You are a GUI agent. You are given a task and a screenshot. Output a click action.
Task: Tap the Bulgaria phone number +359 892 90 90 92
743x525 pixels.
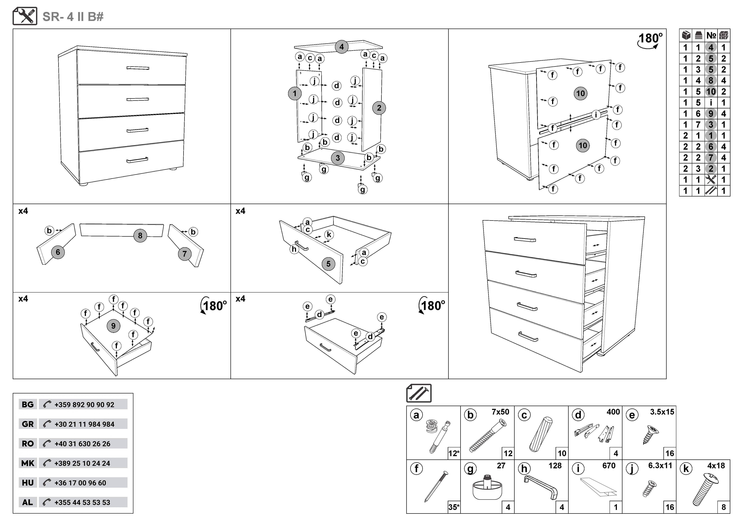pyautogui.click(x=84, y=405)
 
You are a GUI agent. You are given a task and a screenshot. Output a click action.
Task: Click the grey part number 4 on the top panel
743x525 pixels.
pyautogui.click(x=341, y=47)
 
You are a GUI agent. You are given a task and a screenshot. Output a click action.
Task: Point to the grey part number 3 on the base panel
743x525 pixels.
pyautogui.click(x=338, y=158)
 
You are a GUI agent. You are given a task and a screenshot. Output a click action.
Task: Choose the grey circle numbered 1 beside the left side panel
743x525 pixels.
pyautogui.click(x=294, y=94)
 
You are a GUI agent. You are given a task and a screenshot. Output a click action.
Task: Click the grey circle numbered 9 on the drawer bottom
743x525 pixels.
pyautogui.click(x=113, y=326)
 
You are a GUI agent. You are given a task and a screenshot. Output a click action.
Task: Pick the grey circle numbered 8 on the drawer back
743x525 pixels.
pyautogui.click(x=140, y=236)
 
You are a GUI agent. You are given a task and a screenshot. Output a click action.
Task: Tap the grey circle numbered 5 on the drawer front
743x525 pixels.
pyautogui.click(x=328, y=264)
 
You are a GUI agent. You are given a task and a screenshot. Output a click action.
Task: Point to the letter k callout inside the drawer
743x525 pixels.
pyautogui.click(x=329, y=235)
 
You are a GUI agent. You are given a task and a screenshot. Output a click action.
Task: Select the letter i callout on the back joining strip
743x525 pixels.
pyautogui.click(x=596, y=114)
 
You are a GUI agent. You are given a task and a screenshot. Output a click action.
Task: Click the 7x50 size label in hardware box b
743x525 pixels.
pyautogui.click(x=500, y=412)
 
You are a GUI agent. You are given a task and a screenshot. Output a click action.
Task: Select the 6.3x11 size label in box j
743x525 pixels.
pyautogui.click(x=660, y=465)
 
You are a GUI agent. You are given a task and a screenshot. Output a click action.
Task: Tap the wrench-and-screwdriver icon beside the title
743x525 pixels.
pyautogui.click(x=25, y=16)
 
